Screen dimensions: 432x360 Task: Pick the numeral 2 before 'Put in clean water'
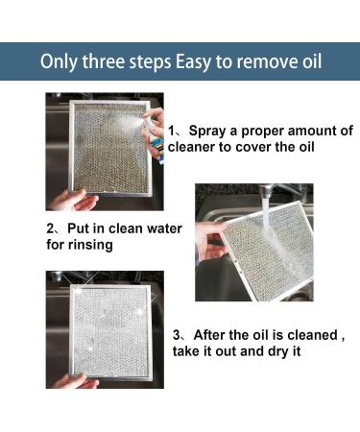[x=50, y=230]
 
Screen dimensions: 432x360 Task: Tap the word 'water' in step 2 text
[x=158, y=230]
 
